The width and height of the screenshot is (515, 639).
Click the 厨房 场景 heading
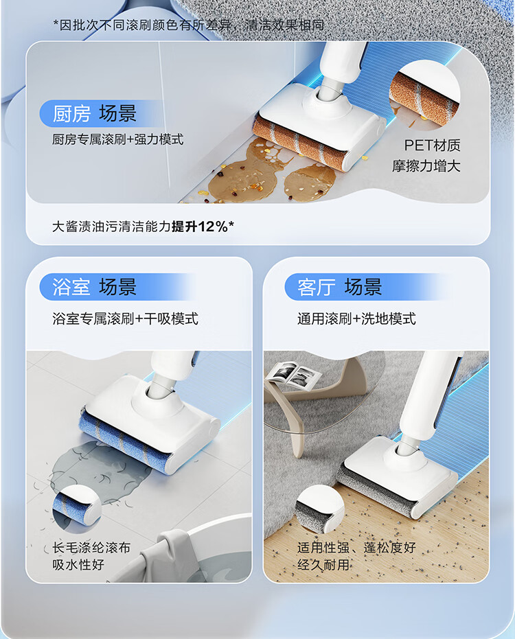click(94, 113)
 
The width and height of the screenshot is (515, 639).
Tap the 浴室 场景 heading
click(94, 286)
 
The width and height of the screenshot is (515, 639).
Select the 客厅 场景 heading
click(339, 286)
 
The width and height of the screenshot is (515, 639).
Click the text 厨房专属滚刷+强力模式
click(118, 139)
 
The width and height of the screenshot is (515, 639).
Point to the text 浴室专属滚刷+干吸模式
click(125, 318)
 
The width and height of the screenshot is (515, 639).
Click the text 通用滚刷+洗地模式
click(356, 318)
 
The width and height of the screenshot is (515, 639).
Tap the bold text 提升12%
click(200, 226)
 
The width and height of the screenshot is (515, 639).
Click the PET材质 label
click(432, 145)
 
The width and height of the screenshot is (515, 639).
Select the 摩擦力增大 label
click(426, 166)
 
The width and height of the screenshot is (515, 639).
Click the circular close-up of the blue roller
click(76, 509)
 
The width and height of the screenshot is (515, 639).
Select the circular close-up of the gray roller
click(319, 509)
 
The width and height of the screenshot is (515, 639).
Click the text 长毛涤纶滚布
click(91, 547)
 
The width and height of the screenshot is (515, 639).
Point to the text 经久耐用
click(323, 565)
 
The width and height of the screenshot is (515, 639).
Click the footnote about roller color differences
click(189, 25)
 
